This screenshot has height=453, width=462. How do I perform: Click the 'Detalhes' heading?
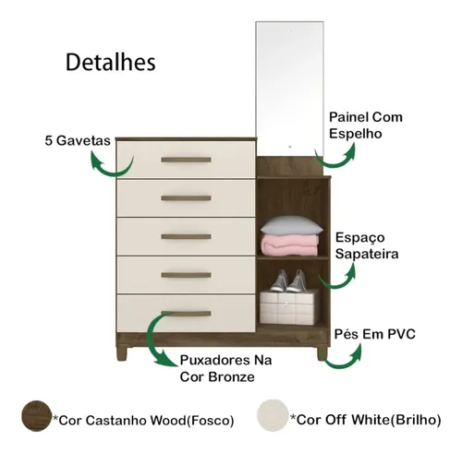[x=111, y=63]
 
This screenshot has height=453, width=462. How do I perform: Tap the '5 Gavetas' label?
[x=78, y=140]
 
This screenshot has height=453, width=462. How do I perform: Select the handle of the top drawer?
[x=186, y=160]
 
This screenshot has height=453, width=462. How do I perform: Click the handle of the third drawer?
[x=186, y=236]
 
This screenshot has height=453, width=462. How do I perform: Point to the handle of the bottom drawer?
[x=186, y=314]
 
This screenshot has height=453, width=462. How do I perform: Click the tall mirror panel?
[x=289, y=89]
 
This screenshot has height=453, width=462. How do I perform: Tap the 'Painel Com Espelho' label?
[x=366, y=125]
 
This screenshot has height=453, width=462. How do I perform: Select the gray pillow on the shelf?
[x=291, y=225]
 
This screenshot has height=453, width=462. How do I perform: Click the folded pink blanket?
[x=290, y=244]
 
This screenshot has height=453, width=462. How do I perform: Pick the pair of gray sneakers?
[x=288, y=280]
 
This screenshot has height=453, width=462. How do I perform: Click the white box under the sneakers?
[x=289, y=307]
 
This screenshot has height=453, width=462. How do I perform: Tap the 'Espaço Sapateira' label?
[x=367, y=245]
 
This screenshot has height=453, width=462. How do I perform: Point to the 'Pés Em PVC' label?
[x=375, y=334]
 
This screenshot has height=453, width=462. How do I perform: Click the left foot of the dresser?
[x=122, y=353]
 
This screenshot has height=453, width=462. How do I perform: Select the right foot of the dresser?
[x=322, y=353]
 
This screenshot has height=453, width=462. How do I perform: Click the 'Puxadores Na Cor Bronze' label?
[x=225, y=368]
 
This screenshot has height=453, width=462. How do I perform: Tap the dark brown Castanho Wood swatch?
[x=36, y=416]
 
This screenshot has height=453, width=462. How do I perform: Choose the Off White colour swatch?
[x=273, y=415]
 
